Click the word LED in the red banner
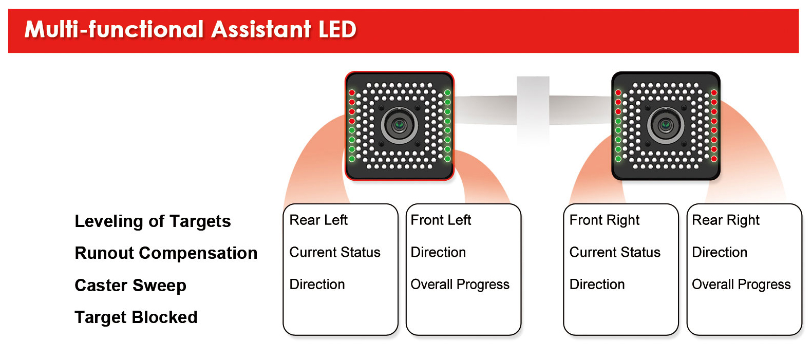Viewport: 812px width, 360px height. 337,29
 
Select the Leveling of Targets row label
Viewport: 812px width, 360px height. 153,221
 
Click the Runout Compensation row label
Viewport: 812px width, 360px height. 166,253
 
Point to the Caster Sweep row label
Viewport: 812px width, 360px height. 130,286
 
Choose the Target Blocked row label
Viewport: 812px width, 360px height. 136,317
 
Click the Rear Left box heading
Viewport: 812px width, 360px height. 318,220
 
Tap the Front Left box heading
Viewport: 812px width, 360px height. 441,220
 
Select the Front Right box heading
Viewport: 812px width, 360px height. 605,220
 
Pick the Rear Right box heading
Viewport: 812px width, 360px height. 726,220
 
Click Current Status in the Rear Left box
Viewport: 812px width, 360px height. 335,252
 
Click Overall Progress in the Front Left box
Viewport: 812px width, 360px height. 460,285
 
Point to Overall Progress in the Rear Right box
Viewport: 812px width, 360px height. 741,285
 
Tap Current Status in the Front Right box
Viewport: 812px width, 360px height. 615,252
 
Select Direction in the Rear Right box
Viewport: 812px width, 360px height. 720,252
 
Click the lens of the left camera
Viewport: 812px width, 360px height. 400,125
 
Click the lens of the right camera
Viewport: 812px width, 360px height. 666,125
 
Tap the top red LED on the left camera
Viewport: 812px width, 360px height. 352,93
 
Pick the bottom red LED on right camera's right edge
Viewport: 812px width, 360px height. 714,159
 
